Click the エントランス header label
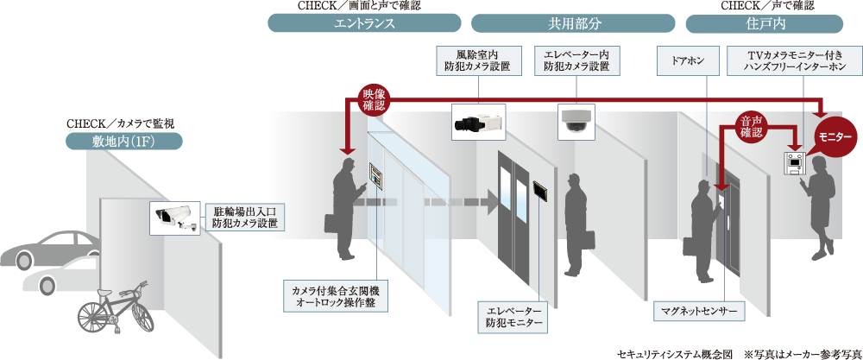pyautogui.click(x=364, y=23)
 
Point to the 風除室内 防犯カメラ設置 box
pyautogui.click(x=477, y=60)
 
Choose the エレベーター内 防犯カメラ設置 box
pyautogui.click(x=576, y=60)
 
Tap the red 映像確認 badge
pyautogui.click(x=374, y=99)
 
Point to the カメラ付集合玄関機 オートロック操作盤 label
pyautogui.click(x=336, y=295)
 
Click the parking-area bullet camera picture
pyautogui.click(x=175, y=217)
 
